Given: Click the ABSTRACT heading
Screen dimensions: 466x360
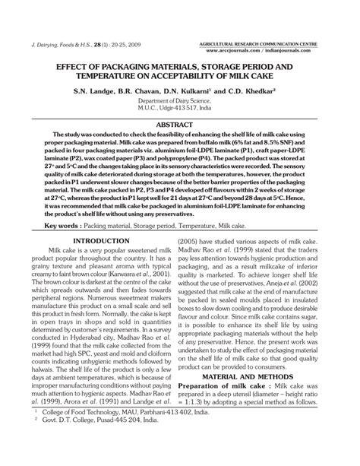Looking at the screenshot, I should click(x=179, y=123).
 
